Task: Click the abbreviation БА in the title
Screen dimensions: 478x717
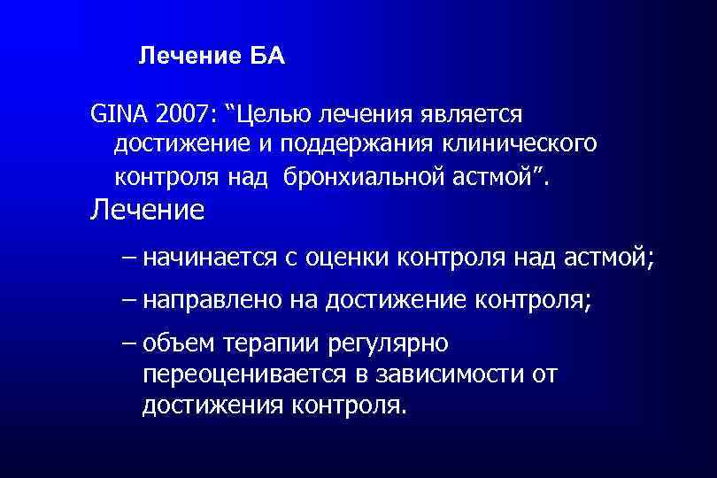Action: click(x=267, y=57)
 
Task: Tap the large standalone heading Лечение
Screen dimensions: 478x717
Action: click(x=147, y=210)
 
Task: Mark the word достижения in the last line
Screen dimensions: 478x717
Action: click(x=209, y=405)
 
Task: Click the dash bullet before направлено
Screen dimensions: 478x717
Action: click(x=130, y=300)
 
